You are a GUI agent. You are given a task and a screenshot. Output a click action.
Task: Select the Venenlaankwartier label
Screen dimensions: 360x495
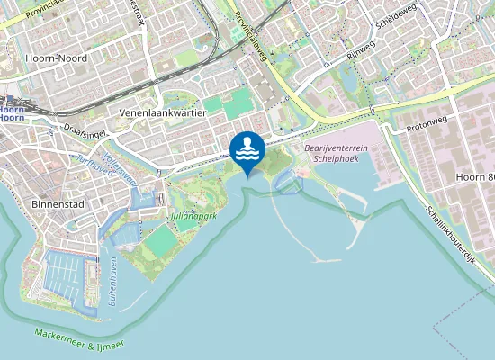(163, 113)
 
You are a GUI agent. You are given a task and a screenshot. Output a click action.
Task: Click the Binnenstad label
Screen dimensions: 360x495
(57, 204)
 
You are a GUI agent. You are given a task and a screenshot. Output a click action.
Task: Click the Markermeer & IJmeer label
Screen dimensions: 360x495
(79, 339)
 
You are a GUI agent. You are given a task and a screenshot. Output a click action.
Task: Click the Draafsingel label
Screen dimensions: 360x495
(85, 131)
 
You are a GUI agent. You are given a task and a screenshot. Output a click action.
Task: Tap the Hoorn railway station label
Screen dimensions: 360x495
(12, 112)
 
